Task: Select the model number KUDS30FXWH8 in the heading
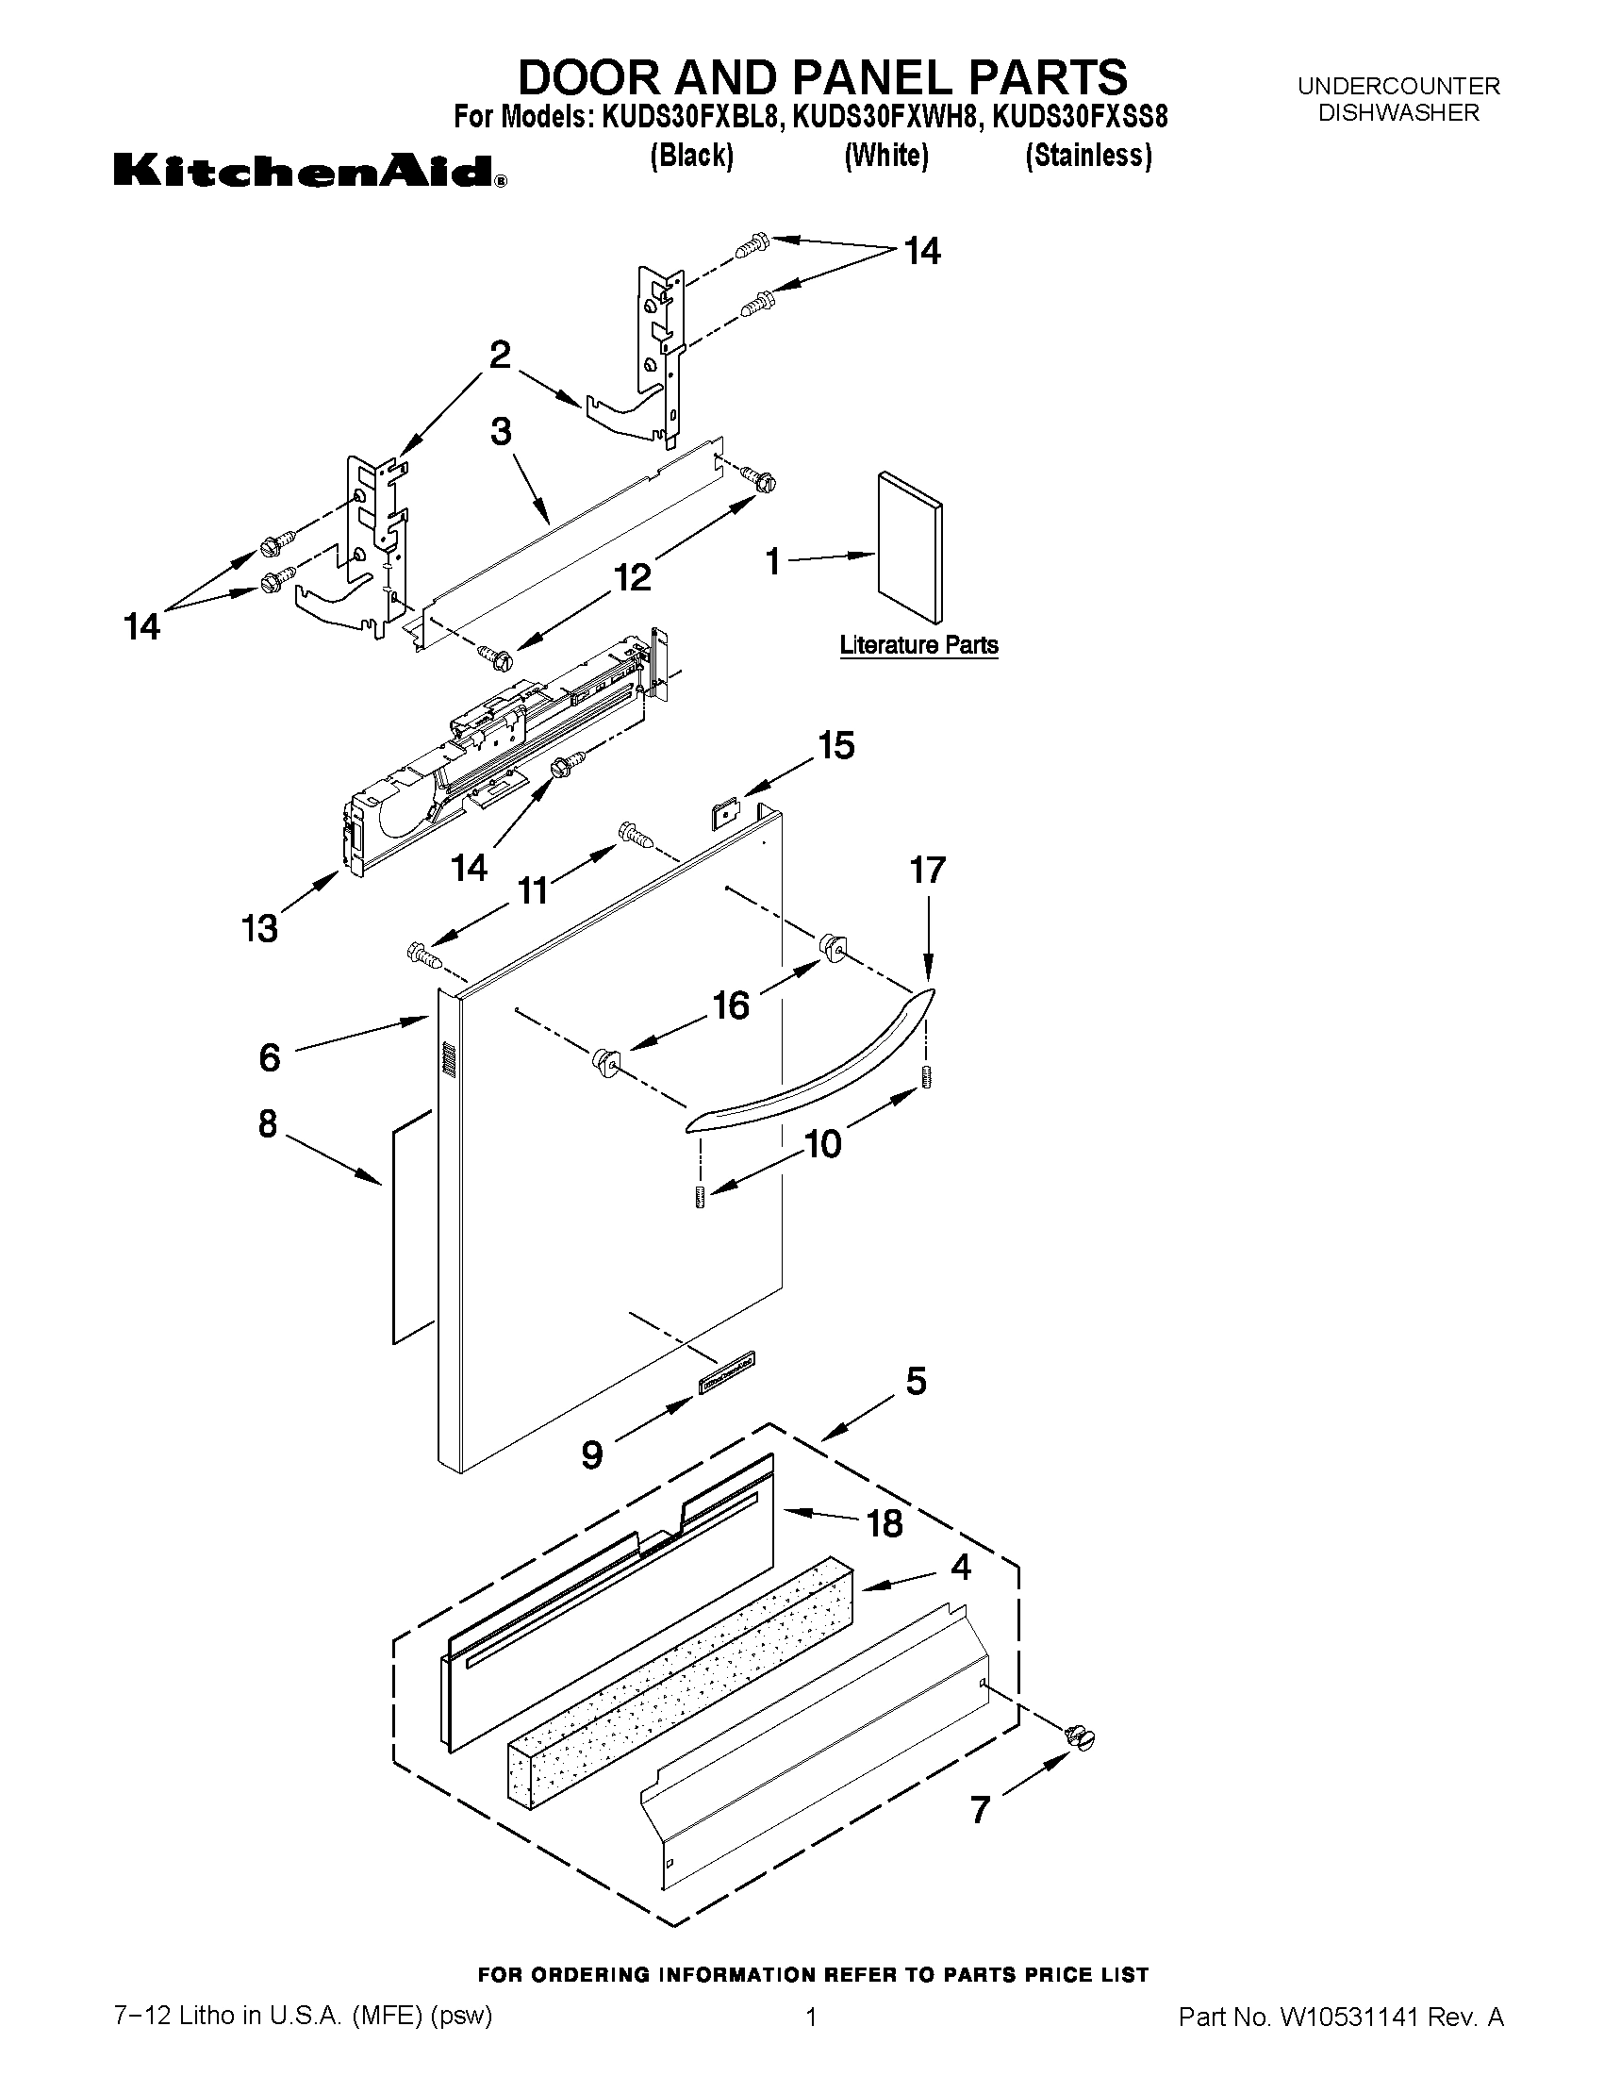tap(887, 117)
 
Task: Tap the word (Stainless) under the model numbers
tap(1088, 155)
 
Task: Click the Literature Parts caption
tap(918, 645)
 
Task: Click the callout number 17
tap(928, 870)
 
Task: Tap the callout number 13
tap(259, 928)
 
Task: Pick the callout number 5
tap(915, 1381)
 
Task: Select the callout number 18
tap(885, 1523)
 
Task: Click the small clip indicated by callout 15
tap(726, 815)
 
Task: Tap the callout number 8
tap(268, 1123)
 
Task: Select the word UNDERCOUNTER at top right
tap(1398, 87)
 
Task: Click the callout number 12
tap(633, 576)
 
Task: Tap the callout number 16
tap(731, 1005)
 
